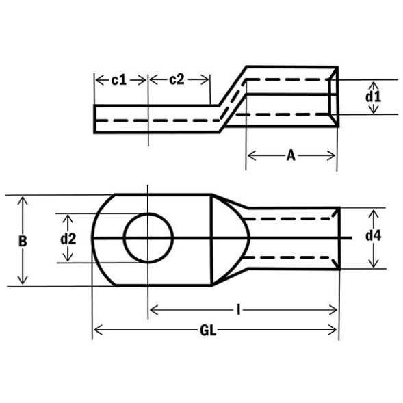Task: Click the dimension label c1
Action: point(119,80)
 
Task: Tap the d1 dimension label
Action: point(372,96)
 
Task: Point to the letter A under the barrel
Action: point(291,156)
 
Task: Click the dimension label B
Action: point(23,241)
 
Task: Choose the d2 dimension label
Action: point(67,239)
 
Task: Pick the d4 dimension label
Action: point(373,237)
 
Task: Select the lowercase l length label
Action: point(238,311)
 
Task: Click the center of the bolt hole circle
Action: point(148,238)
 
